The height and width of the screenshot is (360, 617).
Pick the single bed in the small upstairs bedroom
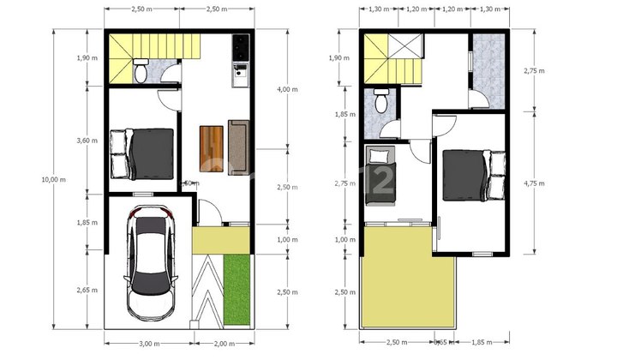click(379, 176)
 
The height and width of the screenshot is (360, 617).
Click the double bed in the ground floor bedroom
click(142, 153)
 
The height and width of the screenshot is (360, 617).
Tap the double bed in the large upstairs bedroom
click(473, 175)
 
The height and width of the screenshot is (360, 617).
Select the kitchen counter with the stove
click(241, 62)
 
